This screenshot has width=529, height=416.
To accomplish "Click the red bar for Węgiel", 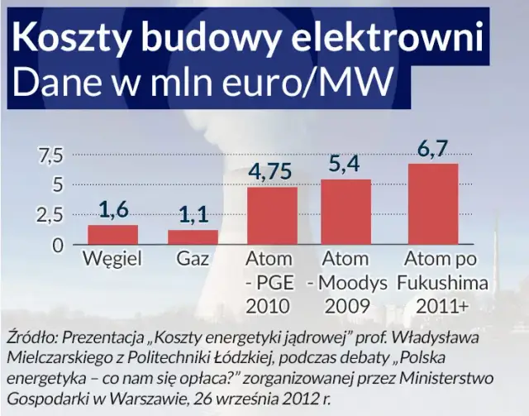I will (x=113, y=235).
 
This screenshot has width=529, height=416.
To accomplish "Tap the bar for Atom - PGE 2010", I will (x=273, y=217).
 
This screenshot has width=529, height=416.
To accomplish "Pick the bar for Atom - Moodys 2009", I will (x=346, y=213).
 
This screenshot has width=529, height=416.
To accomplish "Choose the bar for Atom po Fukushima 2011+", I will (x=432, y=204).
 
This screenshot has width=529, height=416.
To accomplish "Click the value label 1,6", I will (x=113, y=211).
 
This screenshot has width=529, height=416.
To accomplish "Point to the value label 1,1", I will (x=193, y=217).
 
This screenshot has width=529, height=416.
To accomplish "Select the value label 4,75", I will (x=273, y=173).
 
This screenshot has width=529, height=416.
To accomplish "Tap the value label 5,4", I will (x=346, y=165).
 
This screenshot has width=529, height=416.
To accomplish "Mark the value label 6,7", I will (x=432, y=150).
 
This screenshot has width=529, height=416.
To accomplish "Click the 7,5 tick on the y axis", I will (x=46, y=155).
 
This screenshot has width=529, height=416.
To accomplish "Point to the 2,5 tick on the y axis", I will (x=46, y=216).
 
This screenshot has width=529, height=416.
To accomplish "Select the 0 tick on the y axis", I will (x=58, y=246).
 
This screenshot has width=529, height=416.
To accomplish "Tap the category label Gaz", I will (x=193, y=260).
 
